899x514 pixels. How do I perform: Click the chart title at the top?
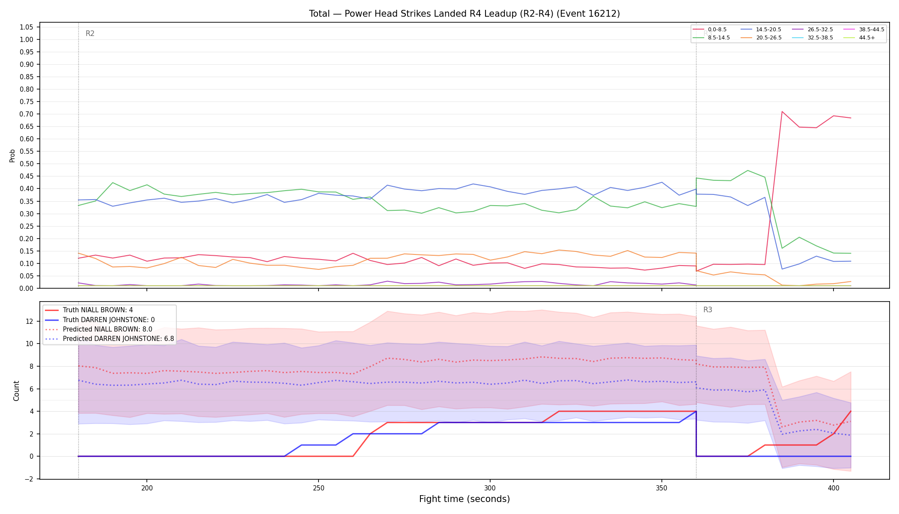[x=464, y=14]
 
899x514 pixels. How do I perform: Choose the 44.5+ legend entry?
[x=859, y=38]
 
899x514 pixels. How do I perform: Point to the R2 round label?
[x=90, y=33]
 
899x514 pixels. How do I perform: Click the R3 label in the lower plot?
[x=708, y=310]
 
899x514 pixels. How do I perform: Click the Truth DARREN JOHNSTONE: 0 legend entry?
[x=100, y=320]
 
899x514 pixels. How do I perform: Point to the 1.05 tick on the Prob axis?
[x=27, y=27]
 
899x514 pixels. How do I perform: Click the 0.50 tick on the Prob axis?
[x=27, y=164]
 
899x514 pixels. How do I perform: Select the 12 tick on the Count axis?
[x=30, y=321]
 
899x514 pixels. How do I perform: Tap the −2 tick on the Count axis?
[x=30, y=479]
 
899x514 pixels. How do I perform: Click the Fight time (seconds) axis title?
[x=464, y=499]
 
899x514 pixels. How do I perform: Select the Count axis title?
[x=16, y=391]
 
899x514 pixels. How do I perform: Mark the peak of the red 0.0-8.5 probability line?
[x=782, y=111]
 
